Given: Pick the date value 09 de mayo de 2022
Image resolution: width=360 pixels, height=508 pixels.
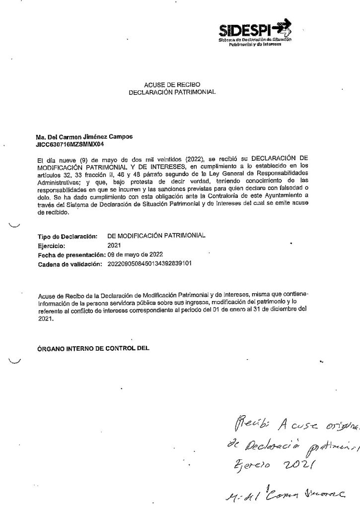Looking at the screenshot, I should point(136,254).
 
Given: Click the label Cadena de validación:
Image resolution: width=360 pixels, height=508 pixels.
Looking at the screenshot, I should point(70,263).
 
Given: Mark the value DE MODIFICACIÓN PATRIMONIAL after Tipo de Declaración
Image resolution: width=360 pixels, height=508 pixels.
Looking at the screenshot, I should point(155,236).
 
